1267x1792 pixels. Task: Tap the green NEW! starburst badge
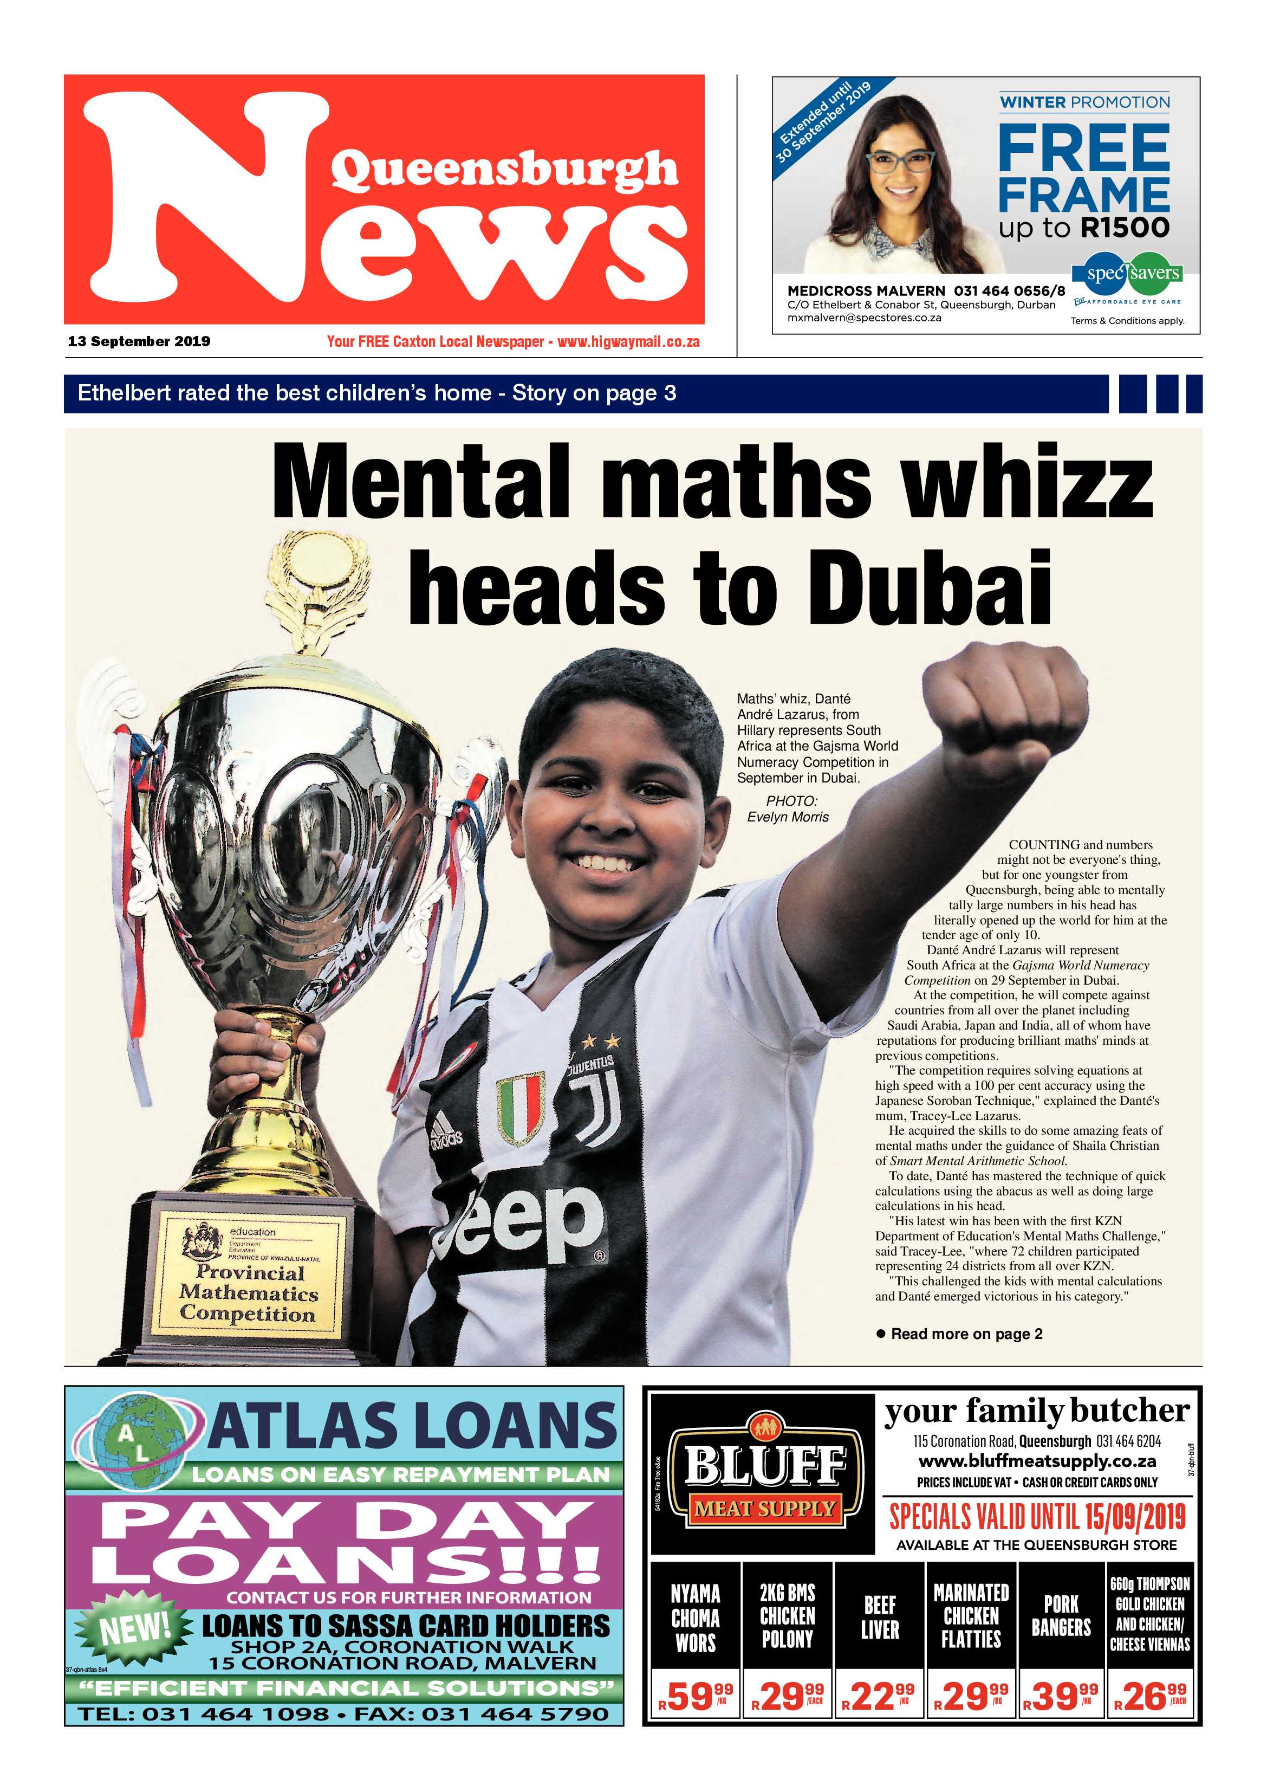click(x=134, y=1627)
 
